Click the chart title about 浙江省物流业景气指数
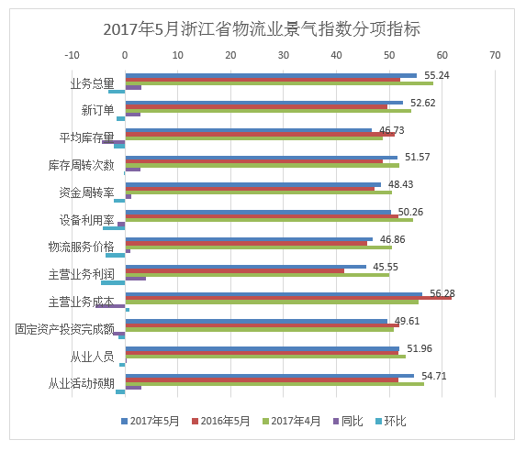click(262, 29)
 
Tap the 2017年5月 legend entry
click(150, 421)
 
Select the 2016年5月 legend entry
click(220, 421)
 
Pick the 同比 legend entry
click(348, 421)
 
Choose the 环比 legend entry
click(391, 421)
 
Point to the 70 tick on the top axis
click(495, 55)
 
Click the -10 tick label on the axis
click(72, 55)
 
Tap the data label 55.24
click(436, 75)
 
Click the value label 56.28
click(442, 293)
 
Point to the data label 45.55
click(386, 267)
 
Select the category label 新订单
click(97, 110)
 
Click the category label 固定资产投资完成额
click(65, 329)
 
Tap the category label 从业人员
click(92, 357)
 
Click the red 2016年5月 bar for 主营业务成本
click(288, 298)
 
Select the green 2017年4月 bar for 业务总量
click(279, 83)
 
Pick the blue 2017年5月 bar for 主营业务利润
click(246, 267)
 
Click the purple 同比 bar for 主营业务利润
click(136, 279)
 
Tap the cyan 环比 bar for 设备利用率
click(114, 228)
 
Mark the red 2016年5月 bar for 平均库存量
click(260, 135)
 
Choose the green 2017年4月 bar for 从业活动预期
click(274, 384)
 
